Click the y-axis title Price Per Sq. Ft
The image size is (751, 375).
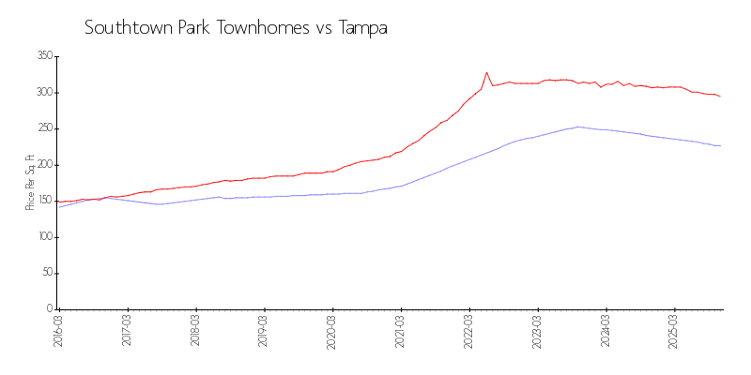point(30,182)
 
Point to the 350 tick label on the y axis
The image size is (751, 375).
point(44,56)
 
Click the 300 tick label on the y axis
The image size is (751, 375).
point(44,93)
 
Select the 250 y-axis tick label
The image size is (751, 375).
point(44,128)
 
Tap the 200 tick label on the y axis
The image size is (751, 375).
point(44,165)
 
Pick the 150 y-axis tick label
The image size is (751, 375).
point(44,201)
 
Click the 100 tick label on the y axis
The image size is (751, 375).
point(44,237)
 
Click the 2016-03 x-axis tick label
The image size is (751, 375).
point(58,330)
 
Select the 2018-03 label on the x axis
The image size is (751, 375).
point(195,330)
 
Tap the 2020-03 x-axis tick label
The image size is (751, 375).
point(332,330)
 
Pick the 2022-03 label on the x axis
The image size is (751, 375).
point(469,330)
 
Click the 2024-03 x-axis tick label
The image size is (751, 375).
point(606,330)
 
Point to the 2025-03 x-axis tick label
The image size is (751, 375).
point(675,330)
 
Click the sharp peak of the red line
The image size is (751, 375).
point(486,72)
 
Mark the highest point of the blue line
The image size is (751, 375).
point(577,127)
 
